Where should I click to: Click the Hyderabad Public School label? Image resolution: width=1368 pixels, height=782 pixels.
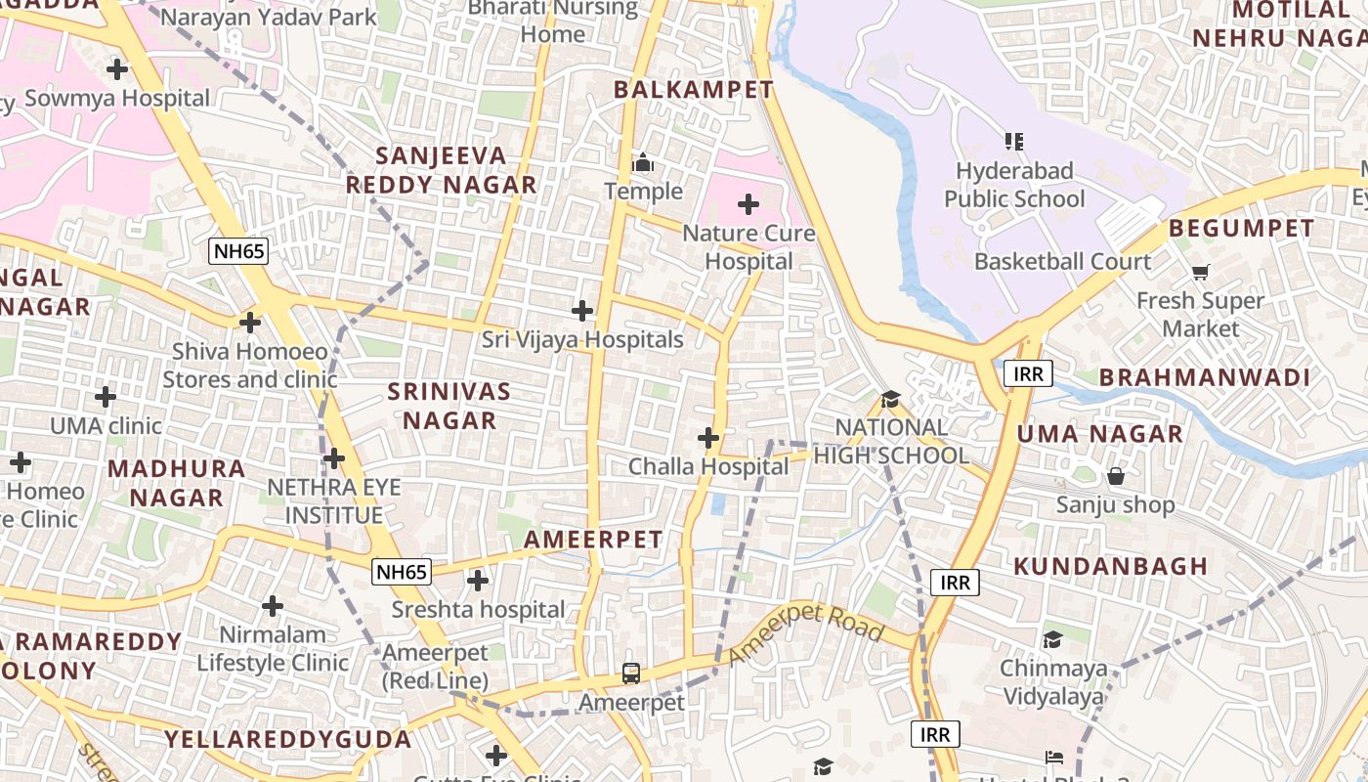[x=1014, y=185]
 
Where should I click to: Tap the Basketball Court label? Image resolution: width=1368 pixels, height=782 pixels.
[x=1062, y=262]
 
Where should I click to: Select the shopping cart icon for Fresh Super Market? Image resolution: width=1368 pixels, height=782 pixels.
[x=1200, y=273]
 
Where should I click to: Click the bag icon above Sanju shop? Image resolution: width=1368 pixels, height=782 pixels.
[x=1115, y=477]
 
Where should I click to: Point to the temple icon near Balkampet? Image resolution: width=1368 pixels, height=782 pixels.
[x=643, y=162]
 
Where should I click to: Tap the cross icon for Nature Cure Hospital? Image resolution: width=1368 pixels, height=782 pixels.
[x=748, y=204]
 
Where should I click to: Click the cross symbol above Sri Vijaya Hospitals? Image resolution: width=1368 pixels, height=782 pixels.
[x=582, y=312]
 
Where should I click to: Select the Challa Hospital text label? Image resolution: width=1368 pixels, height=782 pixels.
[x=707, y=467]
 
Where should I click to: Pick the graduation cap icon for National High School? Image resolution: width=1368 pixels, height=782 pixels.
[x=890, y=399]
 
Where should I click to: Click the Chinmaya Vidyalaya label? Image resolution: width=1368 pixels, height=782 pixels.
[x=1053, y=682]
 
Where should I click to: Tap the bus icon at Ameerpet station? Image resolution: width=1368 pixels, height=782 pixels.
[x=631, y=673]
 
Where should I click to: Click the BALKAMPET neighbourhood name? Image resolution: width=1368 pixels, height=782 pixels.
[x=693, y=90]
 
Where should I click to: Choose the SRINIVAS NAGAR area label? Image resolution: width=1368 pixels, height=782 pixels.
[x=449, y=406]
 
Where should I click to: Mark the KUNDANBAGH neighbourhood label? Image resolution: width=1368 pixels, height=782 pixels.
[x=1111, y=566]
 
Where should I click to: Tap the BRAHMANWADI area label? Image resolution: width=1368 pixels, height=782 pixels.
[x=1204, y=378]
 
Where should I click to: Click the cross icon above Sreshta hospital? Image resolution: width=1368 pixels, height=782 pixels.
[x=478, y=582]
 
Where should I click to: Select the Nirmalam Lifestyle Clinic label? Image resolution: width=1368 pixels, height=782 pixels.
[x=273, y=648]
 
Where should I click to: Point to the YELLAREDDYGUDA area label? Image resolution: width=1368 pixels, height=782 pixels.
[x=287, y=739]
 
